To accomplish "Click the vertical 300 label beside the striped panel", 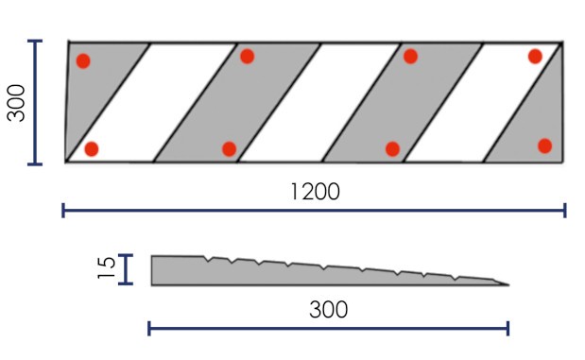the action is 16,103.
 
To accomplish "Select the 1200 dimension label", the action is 315,192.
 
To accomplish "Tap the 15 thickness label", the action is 107,267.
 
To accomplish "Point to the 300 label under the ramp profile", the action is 328,310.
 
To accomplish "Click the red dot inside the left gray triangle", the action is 83,61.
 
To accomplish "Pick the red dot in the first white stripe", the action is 92,149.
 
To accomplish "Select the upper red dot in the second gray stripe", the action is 248,57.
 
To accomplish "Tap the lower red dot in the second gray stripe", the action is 229,149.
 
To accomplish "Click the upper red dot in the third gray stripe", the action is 410,57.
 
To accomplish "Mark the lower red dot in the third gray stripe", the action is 392,149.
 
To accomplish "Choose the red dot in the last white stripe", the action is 535,57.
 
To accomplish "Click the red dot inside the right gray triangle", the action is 544,146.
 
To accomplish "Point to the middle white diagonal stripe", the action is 319,103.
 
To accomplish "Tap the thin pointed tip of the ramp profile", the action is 508,285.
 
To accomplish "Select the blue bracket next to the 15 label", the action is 126,269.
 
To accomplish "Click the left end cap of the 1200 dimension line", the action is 63,211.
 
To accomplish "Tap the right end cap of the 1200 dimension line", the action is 565,211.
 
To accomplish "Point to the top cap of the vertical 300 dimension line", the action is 35,41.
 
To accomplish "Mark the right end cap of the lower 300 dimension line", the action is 508,328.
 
